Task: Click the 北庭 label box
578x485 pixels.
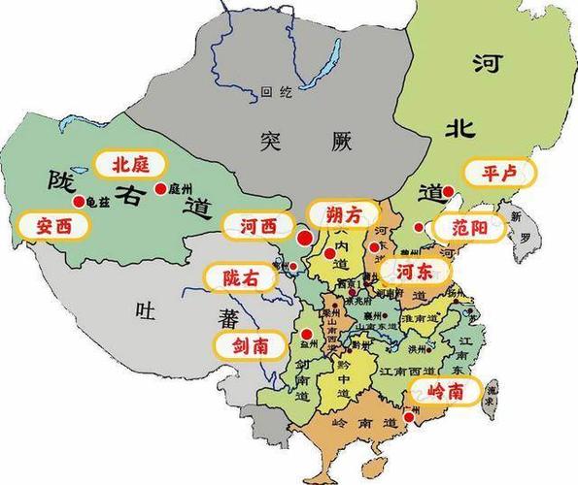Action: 129,162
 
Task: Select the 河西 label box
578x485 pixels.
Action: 259,226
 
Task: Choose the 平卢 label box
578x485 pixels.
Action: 499,173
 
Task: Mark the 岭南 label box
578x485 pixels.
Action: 445,391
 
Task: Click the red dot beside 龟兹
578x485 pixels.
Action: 78,201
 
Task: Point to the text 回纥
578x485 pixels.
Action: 276,94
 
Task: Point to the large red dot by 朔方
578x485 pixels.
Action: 304,237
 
